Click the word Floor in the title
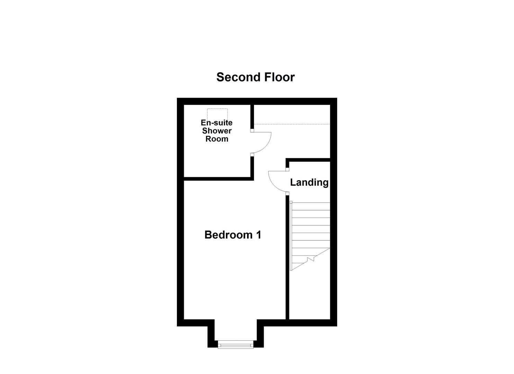click(280, 77)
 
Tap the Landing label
click(309, 182)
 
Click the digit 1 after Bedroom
click(258, 235)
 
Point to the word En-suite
click(217, 123)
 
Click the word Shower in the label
click(217, 131)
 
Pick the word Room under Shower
click(217, 139)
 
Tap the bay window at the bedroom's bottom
click(236, 345)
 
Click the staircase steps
click(310, 225)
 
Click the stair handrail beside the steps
click(291, 235)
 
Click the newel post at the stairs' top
click(291, 202)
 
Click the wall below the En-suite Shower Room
click(218, 179)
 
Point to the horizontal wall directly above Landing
click(308, 160)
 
